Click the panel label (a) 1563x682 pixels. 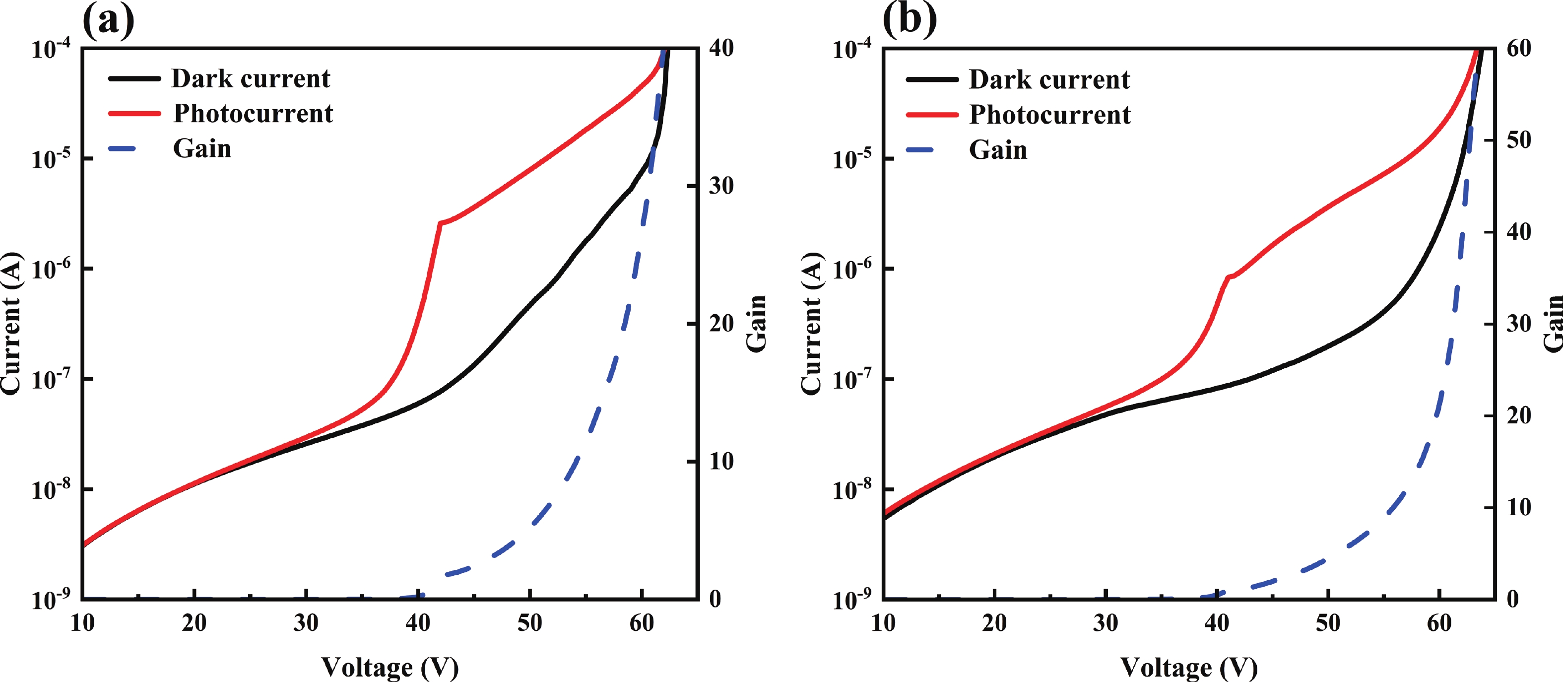pyautogui.click(x=108, y=19)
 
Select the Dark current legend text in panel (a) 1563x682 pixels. pyautogui.click(x=250, y=79)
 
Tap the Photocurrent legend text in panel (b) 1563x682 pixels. pyautogui.click(x=1049, y=115)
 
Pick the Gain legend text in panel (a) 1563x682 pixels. pyautogui.click(x=202, y=148)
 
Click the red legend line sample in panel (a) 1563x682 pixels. pyautogui.click(x=134, y=114)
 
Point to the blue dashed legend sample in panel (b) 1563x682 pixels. pyautogui.click(x=920, y=150)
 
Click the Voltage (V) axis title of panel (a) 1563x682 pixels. pyautogui.click(x=390, y=667)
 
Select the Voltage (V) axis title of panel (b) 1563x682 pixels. pyautogui.click(x=1189, y=667)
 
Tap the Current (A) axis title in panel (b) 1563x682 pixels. pyautogui.click(x=811, y=324)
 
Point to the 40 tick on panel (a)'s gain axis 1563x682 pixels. pyautogui.click(x=721, y=48)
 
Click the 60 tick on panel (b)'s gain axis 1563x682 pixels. pyautogui.click(x=1519, y=49)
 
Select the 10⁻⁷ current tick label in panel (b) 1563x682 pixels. pyautogui.click(x=852, y=379)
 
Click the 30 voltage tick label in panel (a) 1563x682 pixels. pyautogui.click(x=306, y=623)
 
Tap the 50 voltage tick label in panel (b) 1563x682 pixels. pyautogui.click(x=1328, y=623)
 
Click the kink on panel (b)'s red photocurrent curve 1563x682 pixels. pyautogui.click(x=1229, y=277)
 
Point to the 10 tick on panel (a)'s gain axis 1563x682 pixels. pyautogui.click(x=721, y=462)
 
